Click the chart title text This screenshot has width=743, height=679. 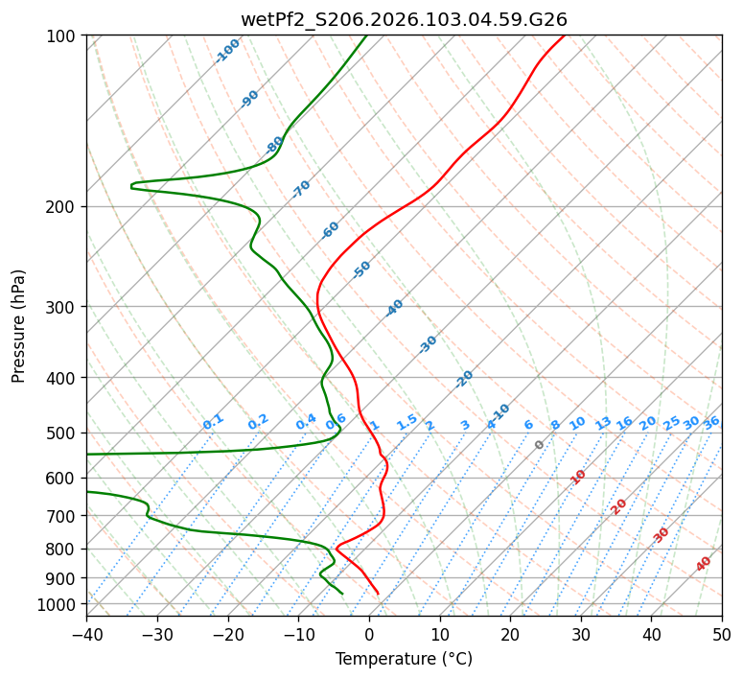(x=404, y=19)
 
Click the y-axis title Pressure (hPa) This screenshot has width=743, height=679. (x=19, y=326)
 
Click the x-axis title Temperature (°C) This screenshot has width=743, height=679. (x=404, y=659)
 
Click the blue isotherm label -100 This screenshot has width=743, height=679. (x=227, y=51)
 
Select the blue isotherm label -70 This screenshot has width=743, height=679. (x=301, y=189)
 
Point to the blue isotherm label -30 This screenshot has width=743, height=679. (x=428, y=344)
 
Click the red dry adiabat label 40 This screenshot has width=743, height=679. (x=704, y=564)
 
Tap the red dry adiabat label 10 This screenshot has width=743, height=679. (x=578, y=477)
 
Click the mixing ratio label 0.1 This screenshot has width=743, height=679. (x=213, y=421)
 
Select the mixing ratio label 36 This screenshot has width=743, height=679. (x=711, y=422)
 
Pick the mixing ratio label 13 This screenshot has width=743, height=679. (x=603, y=423)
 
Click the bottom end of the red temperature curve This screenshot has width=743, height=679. (x=378, y=593)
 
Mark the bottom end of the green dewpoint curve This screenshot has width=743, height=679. (x=342, y=593)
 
